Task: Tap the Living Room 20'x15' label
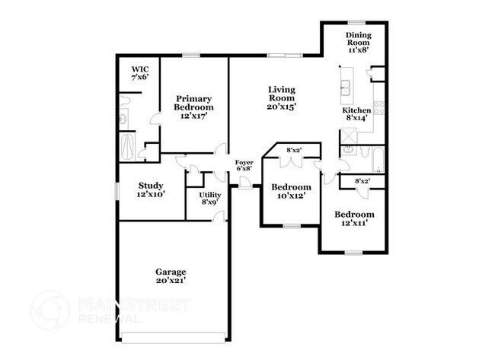click(x=281, y=98)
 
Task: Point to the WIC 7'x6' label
click(x=139, y=73)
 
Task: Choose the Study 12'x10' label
click(x=151, y=190)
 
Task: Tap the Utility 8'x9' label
click(x=210, y=199)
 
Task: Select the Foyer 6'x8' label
click(x=244, y=167)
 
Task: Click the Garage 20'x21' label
click(x=171, y=276)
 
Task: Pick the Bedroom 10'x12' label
click(x=292, y=192)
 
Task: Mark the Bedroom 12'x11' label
click(x=355, y=219)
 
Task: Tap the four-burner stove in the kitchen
click(x=378, y=109)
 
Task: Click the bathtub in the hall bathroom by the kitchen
click(x=373, y=159)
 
